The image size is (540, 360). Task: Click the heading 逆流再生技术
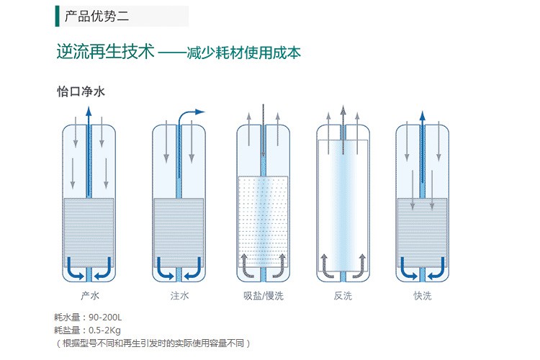105,52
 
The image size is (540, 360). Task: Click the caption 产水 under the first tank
89,296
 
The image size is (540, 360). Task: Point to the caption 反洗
343,296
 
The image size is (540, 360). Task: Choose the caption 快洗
423,296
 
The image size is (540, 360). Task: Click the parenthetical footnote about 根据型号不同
154,343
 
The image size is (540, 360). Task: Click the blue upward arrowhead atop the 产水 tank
88,111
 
